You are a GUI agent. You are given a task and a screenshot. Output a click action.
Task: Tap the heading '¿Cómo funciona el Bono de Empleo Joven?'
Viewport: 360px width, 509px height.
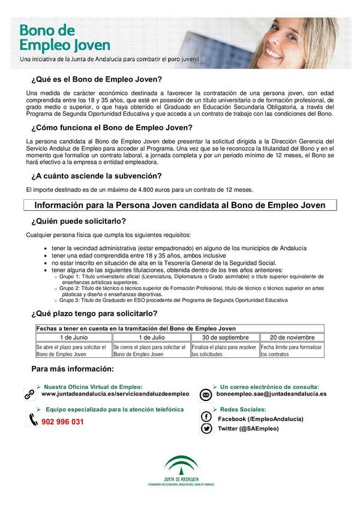(112, 127)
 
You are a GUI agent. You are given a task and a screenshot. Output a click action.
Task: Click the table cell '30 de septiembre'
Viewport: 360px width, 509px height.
(224, 337)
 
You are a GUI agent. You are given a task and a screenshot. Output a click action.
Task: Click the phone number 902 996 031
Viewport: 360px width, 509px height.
(63, 422)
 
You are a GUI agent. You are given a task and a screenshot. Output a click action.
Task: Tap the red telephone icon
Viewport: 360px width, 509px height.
(32, 420)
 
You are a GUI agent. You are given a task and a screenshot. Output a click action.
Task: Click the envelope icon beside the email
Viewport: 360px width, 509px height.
(206, 394)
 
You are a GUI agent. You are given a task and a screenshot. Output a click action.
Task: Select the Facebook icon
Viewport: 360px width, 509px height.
(206, 417)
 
